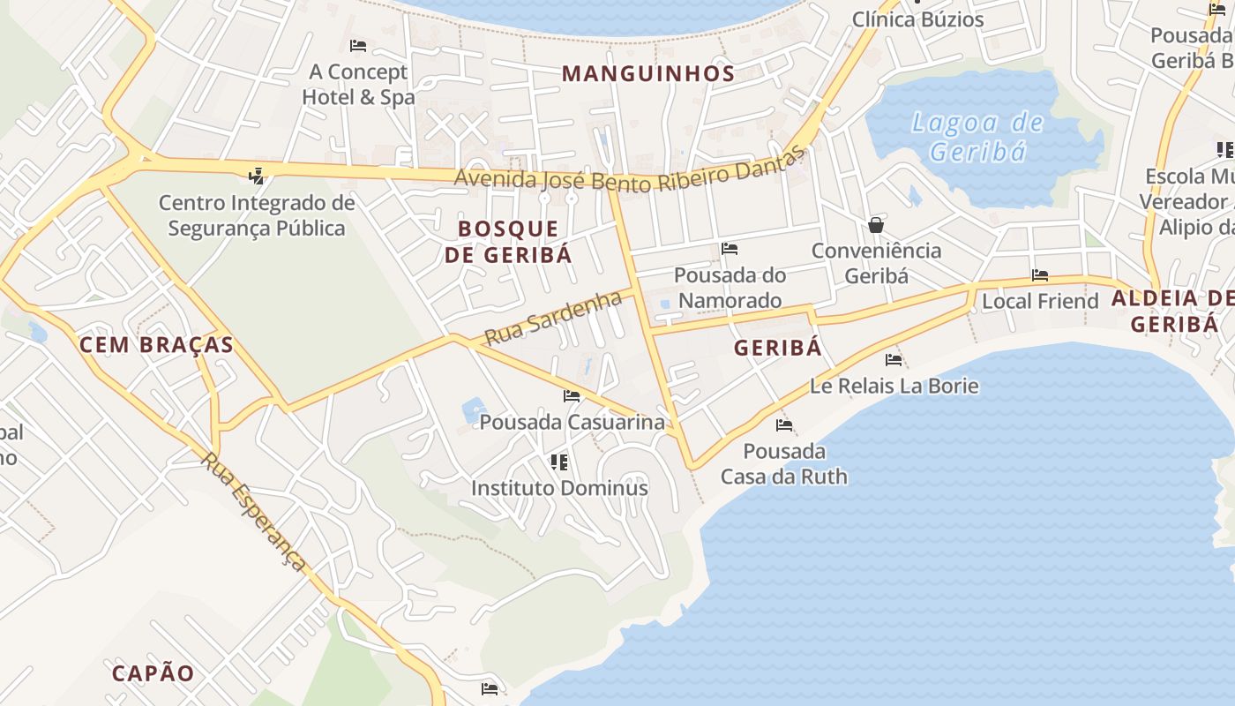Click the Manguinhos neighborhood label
pyautogui.click(x=648, y=73)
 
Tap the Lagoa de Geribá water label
pyautogui.click(x=977, y=137)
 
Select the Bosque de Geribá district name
pyautogui.click(x=508, y=242)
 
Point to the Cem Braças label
pyautogui.click(x=156, y=345)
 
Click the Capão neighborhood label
pyautogui.click(x=153, y=673)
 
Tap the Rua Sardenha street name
pyautogui.click(x=554, y=319)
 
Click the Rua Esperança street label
pyautogui.click(x=253, y=510)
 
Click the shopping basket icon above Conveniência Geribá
pyautogui.click(x=876, y=225)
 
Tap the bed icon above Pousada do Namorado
pyautogui.click(x=730, y=249)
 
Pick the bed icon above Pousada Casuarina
pyautogui.click(x=572, y=396)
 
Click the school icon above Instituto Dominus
pyautogui.click(x=558, y=462)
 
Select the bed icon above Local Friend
pyautogui.click(x=1040, y=275)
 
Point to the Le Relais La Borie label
pyautogui.click(x=894, y=386)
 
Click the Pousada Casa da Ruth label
pyautogui.click(x=783, y=464)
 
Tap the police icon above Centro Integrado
pyautogui.click(x=257, y=176)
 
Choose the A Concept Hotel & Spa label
pyautogui.click(x=357, y=84)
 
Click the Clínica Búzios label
pyautogui.click(x=917, y=19)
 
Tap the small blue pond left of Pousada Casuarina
pyautogui.click(x=474, y=409)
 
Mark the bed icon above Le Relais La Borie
pyautogui.click(x=894, y=359)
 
